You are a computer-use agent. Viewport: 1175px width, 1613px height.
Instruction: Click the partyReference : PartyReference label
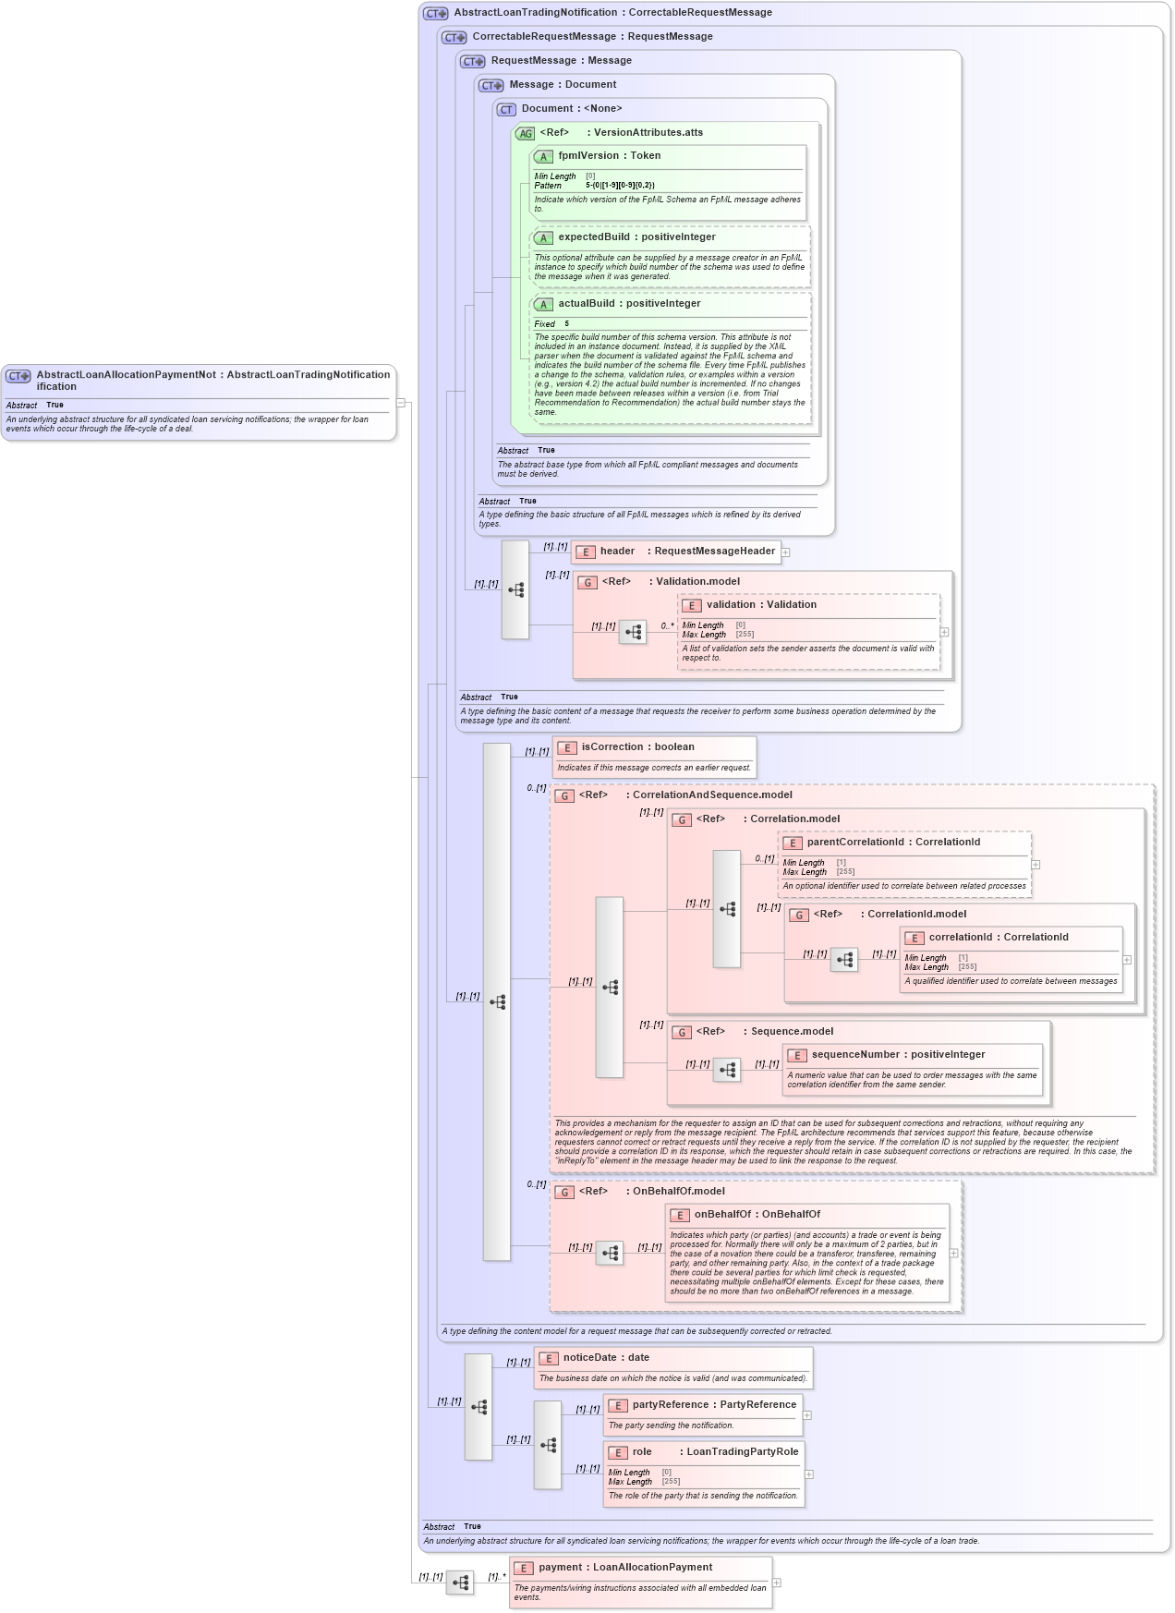pyautogui.click(x=713, y=1405)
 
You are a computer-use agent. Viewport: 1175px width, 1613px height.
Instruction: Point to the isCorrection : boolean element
pyautogui.click(x=637, y=747)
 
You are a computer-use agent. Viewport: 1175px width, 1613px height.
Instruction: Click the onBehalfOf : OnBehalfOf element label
pyautogui.click(x=757, y=1215)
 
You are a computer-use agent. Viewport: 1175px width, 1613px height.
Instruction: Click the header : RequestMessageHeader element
pyautogui.click(x=687, y=552)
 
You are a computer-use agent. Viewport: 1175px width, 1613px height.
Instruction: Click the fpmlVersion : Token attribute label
pyautogui.click(x=609, y=156)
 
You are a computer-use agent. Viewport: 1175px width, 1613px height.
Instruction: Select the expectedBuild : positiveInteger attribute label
pyautogui.click(x=636, y=237)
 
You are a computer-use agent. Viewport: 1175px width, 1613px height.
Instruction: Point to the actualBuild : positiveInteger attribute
pyautogui.click(x=629, y=304)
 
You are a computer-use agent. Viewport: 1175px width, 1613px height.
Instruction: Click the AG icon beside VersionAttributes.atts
pyautogui.click(x=525, y=134)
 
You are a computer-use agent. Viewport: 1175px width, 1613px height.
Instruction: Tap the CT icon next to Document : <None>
pyautogui.click(x=506, y=110)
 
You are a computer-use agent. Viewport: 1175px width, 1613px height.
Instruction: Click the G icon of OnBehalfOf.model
pyautogui.click(x=563, y=1193)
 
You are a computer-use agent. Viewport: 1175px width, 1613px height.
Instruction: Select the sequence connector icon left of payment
pyautogui.click(x=460, y=1583)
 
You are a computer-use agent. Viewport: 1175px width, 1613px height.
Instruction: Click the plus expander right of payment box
pyautogui.click(x=777, y=1583)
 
